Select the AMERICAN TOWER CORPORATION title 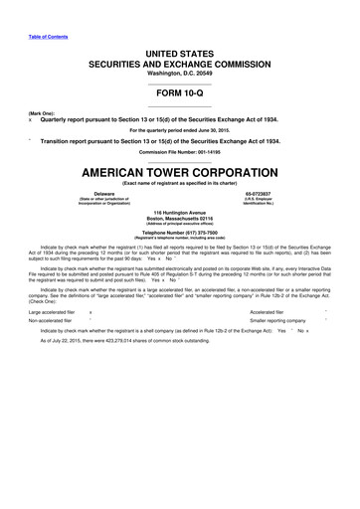tap(179, 172)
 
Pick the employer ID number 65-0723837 tap(260, 192)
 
